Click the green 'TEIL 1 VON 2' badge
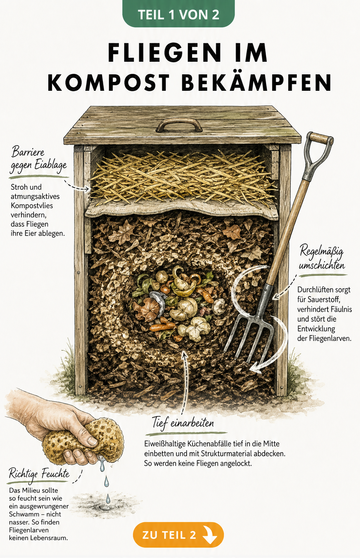(179, 14)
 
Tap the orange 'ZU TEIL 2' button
(178, 535)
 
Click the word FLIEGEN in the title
(164, 53)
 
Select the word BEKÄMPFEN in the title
(256, 83)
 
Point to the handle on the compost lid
(179, 125)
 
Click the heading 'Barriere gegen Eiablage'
(39, 159)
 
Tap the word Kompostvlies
(32, 206)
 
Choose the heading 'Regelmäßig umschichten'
(322, 257)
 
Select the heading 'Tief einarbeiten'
(183, 422)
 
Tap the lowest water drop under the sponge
(108, 499)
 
